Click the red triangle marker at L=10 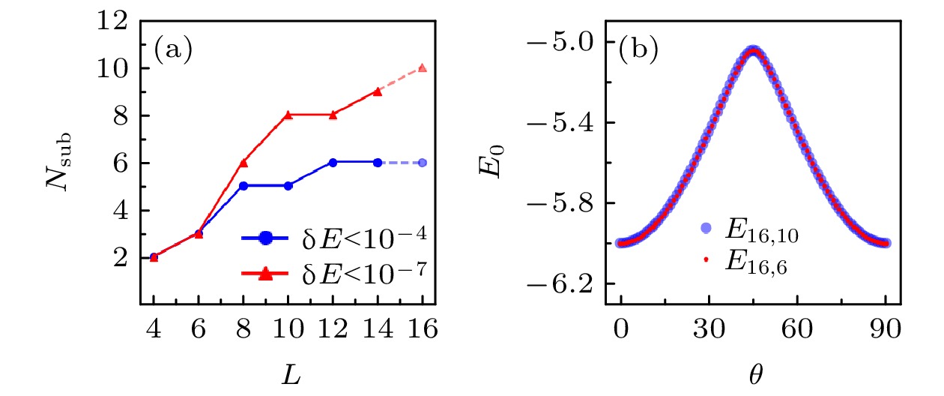288,115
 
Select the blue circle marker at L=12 333,162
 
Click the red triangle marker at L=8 243,162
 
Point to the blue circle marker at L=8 243,186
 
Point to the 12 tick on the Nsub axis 113,21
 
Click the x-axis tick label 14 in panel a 378,331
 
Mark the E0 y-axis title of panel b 487,163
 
